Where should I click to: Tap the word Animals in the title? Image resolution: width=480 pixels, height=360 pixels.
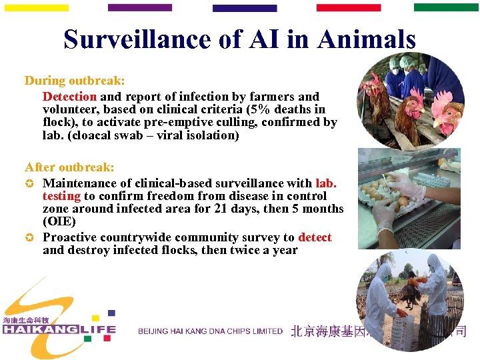tap(367, 40)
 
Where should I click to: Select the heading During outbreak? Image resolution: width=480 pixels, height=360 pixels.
tap(75, 81)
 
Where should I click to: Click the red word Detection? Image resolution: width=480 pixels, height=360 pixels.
tap(69, 97)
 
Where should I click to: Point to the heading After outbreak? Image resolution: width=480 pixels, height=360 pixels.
tap(69, 167)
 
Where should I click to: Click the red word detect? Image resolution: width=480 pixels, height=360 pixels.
tap(315, 238)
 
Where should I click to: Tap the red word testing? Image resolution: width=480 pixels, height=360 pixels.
tap(61, 196)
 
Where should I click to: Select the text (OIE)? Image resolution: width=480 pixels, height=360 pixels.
tap(59, 221)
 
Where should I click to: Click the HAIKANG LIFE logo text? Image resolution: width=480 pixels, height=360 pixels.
tap(59, 329)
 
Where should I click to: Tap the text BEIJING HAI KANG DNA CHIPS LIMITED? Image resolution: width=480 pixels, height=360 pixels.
tap(210, 331)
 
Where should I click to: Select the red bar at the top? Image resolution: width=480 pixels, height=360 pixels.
tap(349, 8)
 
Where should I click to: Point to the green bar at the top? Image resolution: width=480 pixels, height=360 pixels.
tap(446, 8)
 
